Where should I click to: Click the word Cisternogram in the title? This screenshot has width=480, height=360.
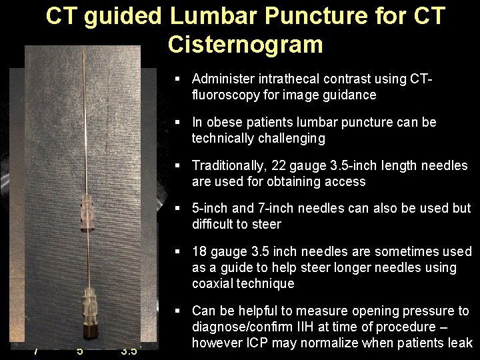(245, 44)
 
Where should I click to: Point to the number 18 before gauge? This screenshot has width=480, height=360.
(199, 251)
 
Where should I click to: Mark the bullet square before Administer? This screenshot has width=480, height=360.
(177, 79)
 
